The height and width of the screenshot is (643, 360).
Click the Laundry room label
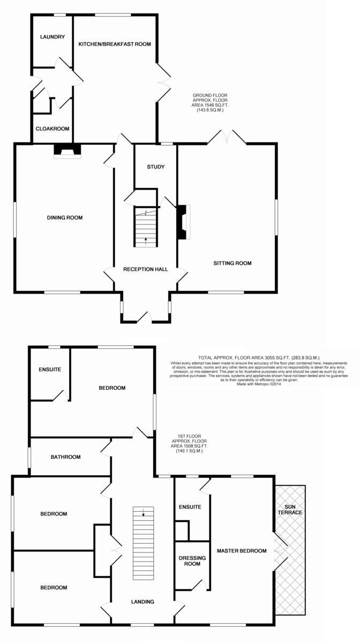(x=52, y=37)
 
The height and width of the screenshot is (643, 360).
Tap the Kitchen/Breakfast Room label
(x=115, y=44)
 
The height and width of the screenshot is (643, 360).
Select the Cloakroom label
(x=52, y=129)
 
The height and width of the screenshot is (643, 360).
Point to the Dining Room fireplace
(x=67, y=151)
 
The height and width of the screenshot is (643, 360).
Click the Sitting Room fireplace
(x=184, y=222)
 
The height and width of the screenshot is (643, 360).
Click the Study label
(x=156, y=167)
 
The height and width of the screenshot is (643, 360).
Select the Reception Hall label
(x=146, y=269)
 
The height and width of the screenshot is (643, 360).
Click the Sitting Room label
(x=232, y=263)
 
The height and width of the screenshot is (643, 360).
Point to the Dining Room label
(x=65, y=218)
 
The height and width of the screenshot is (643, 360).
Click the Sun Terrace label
(x=290, y=510)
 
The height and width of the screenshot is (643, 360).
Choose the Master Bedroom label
(x=242, y=551)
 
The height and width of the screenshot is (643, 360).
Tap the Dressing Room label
(x=192, y=561)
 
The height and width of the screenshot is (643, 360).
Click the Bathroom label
(x=66, y=457)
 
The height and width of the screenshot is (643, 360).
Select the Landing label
(x=142, y=602)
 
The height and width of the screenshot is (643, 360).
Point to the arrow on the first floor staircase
(x=143, y=512)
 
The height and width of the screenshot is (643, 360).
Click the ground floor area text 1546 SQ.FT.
(x=210, y=105)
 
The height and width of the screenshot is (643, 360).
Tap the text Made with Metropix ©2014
(x=259, y=384)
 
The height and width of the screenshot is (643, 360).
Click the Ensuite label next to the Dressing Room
(x=190, y=507)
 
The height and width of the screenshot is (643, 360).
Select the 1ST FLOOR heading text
(x=189, y=436)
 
